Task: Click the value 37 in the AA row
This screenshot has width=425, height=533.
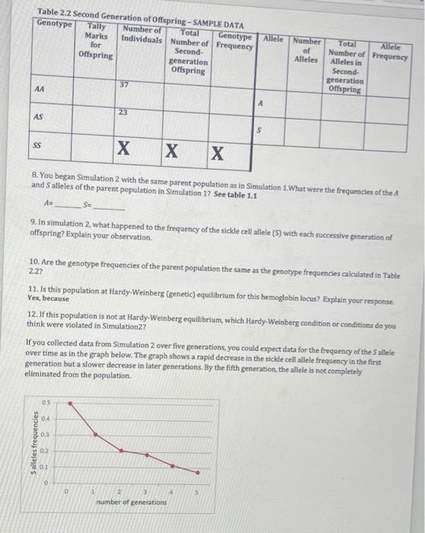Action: (123, 85)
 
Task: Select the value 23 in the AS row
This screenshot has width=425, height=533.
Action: (123, 112)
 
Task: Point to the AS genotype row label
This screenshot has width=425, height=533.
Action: (38, 116)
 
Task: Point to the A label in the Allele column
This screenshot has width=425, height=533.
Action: (260, 102)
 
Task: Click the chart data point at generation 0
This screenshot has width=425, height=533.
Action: (71, 403)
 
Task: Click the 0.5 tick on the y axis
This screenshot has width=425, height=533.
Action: (46, 402)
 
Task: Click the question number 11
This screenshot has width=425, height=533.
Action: (30, 290)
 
